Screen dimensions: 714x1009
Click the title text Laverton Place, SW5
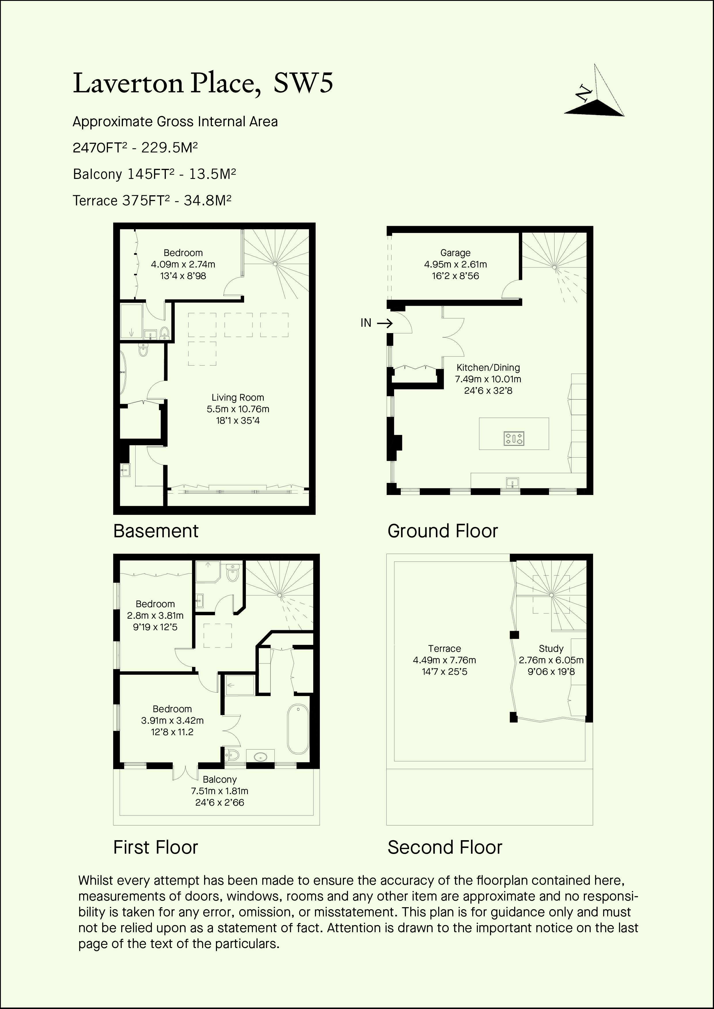pos(203,83)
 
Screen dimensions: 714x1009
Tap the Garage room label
pos(455,253)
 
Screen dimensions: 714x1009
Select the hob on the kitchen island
pos(514,438)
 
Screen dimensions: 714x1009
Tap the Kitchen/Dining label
pos(488,367)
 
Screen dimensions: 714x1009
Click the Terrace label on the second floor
pos(444,648)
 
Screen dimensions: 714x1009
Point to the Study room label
pos(551,648)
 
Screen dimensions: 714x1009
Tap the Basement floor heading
pos(156,531)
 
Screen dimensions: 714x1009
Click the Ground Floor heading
pos(443,531)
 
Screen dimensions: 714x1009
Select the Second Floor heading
pos(445,847)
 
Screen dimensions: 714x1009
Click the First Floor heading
pos(156,847)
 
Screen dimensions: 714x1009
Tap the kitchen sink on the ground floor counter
pos(512,483)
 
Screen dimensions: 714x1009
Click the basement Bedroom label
pos(183,253)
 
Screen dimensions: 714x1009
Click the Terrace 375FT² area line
pos(152,200)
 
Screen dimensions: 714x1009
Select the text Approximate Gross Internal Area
pos(175,122)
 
